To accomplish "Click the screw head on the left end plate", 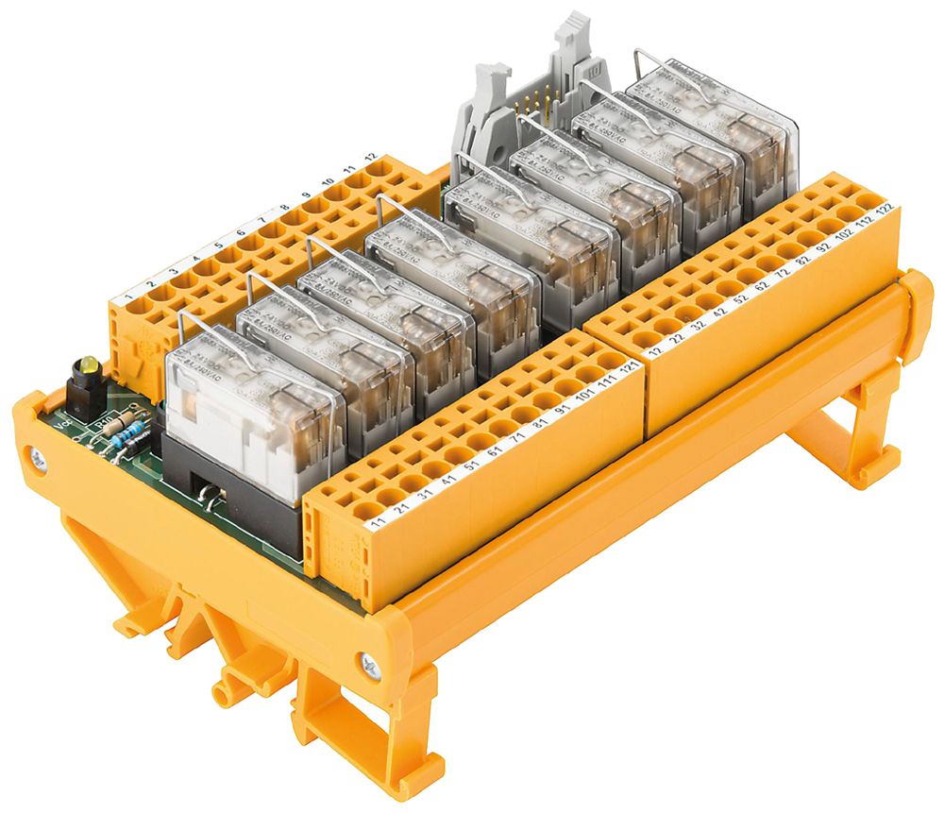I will (x=37, y=460).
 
